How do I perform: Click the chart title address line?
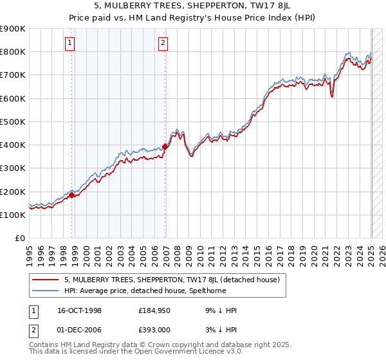pos(192,6)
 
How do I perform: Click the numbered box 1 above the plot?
pos(69,44)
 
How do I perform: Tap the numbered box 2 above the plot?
pos(163,44)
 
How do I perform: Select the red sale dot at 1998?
pos(72,195)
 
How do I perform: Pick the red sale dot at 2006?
pos(165,147)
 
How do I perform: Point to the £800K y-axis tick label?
pos(13,51)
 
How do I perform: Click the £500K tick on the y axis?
pos(13,122)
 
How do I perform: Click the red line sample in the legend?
pos(46,280)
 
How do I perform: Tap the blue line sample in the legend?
pos(46,291)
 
